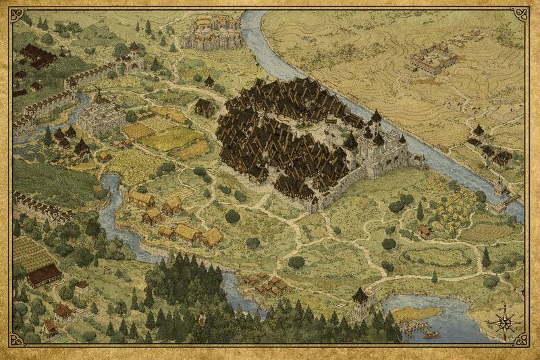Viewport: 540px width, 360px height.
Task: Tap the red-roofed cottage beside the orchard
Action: pos(425,232)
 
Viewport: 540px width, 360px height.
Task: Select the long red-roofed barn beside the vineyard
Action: pos(43,273)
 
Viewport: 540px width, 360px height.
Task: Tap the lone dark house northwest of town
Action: pos(205,107)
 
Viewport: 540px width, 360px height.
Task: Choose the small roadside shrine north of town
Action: pos(209,82)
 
